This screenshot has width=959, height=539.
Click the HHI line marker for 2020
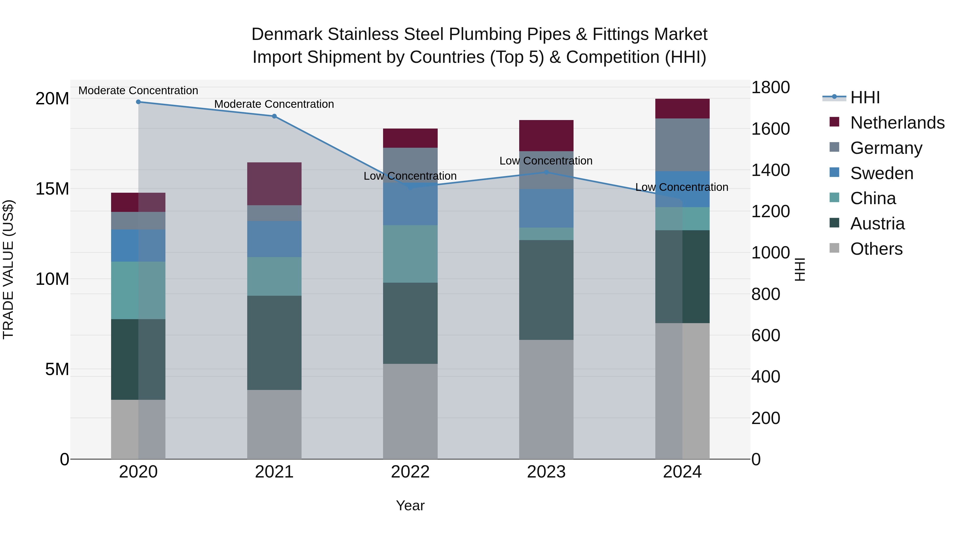click(138, 102)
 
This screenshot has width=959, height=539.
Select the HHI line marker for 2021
click(274, 116)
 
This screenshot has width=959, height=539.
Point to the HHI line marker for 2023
click(546, 172)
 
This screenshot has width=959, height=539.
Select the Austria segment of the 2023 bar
click(546, 290)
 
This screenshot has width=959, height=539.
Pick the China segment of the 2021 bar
click(274, 276)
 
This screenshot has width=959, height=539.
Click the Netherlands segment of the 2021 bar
click(274, 184)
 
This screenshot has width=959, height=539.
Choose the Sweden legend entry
click(881, 173)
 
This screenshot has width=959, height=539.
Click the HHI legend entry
click(865, 97)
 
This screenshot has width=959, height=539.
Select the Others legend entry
click(876, 249)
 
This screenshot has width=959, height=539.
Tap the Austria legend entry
click(877, 224)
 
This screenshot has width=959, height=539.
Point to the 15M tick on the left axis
click(52, 189)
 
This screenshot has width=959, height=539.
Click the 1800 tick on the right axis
click(770, 88)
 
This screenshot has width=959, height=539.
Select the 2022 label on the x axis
click(410, 472)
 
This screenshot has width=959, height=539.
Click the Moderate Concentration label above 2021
click(274, 104)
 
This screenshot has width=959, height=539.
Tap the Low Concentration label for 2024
click(682, 187)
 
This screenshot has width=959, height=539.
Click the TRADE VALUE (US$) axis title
click(8, 269)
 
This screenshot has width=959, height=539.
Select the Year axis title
click(410, 505)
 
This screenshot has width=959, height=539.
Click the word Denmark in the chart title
click(287, 34)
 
